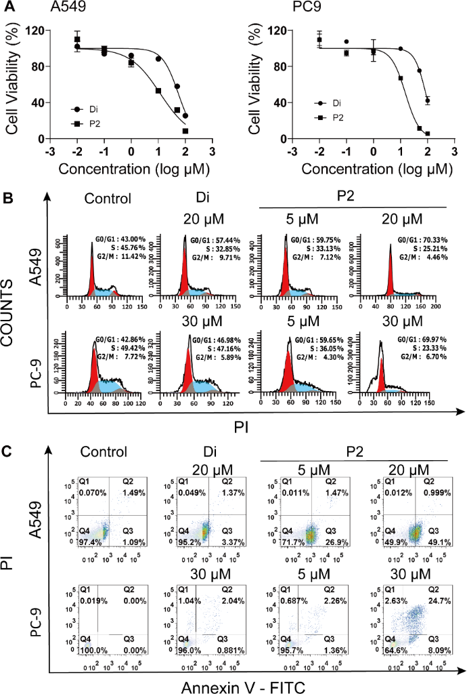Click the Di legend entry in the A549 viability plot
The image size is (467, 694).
(95, 108)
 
